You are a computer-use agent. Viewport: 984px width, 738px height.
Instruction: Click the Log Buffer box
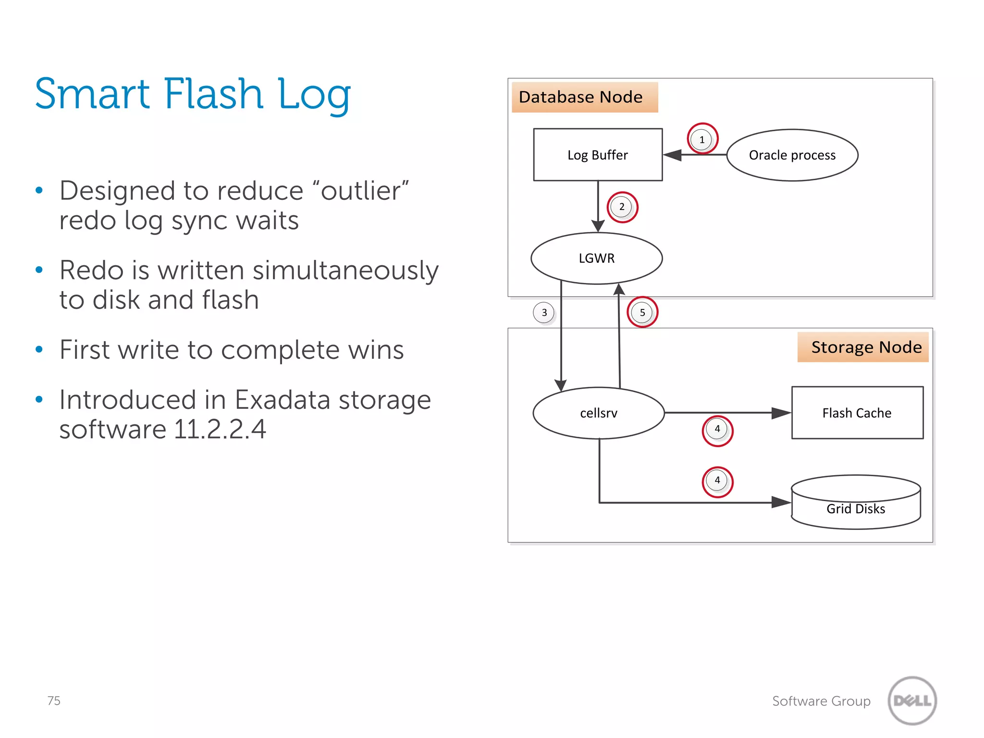[598, 155]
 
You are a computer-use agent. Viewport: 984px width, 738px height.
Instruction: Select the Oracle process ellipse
[792, 155]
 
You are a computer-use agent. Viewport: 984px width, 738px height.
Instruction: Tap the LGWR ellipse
[596, 258]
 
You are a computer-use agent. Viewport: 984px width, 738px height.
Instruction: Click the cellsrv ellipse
[599, 413]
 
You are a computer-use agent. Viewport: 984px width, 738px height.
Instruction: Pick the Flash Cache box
[857, 413]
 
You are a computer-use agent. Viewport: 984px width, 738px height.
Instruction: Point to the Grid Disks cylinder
[856, 503]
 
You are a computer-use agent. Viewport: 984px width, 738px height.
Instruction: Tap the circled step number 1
[702, 139]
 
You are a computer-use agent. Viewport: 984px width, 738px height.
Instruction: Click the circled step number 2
[622, 207]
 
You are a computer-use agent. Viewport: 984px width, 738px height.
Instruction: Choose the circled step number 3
[544, 313]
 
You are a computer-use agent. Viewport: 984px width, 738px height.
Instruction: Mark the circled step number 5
[642, 313]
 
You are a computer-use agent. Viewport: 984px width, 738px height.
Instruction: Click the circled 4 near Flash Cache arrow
[717, 430]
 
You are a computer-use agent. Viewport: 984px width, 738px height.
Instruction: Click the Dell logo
[912, 701]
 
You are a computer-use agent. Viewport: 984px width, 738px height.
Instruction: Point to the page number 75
[54, 701]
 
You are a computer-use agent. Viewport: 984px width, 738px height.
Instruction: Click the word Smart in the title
[92, 94]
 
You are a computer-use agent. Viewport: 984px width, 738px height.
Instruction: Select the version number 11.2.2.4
[220, 429]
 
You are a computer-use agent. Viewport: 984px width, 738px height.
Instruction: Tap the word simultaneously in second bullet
[345, 271]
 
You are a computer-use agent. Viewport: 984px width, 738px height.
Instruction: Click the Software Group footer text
[821, 701]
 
